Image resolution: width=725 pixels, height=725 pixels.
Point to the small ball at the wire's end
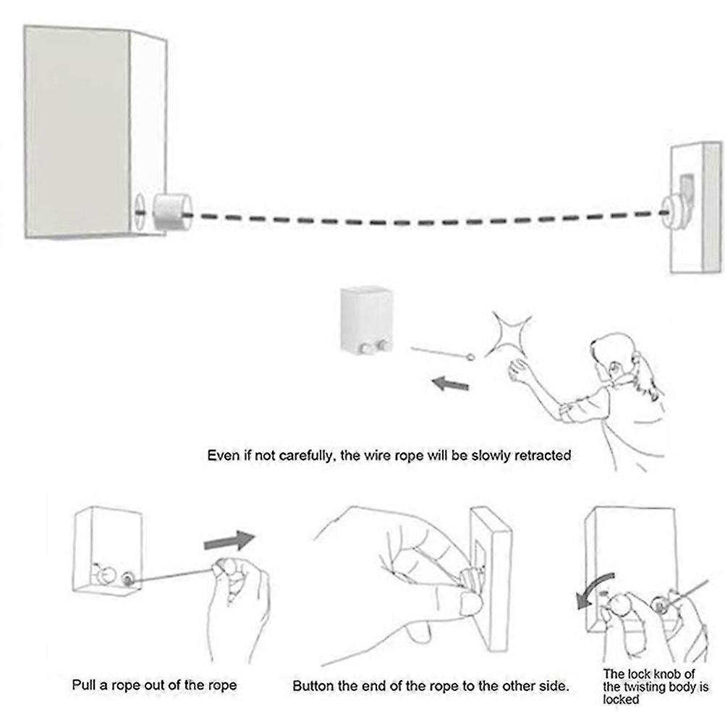coord(472,357)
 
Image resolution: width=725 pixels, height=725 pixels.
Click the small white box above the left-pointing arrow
coord(367,321)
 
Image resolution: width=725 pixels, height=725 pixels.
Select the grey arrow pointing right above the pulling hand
coord(229,540)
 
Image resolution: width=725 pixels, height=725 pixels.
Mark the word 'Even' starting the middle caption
coord(222,456)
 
